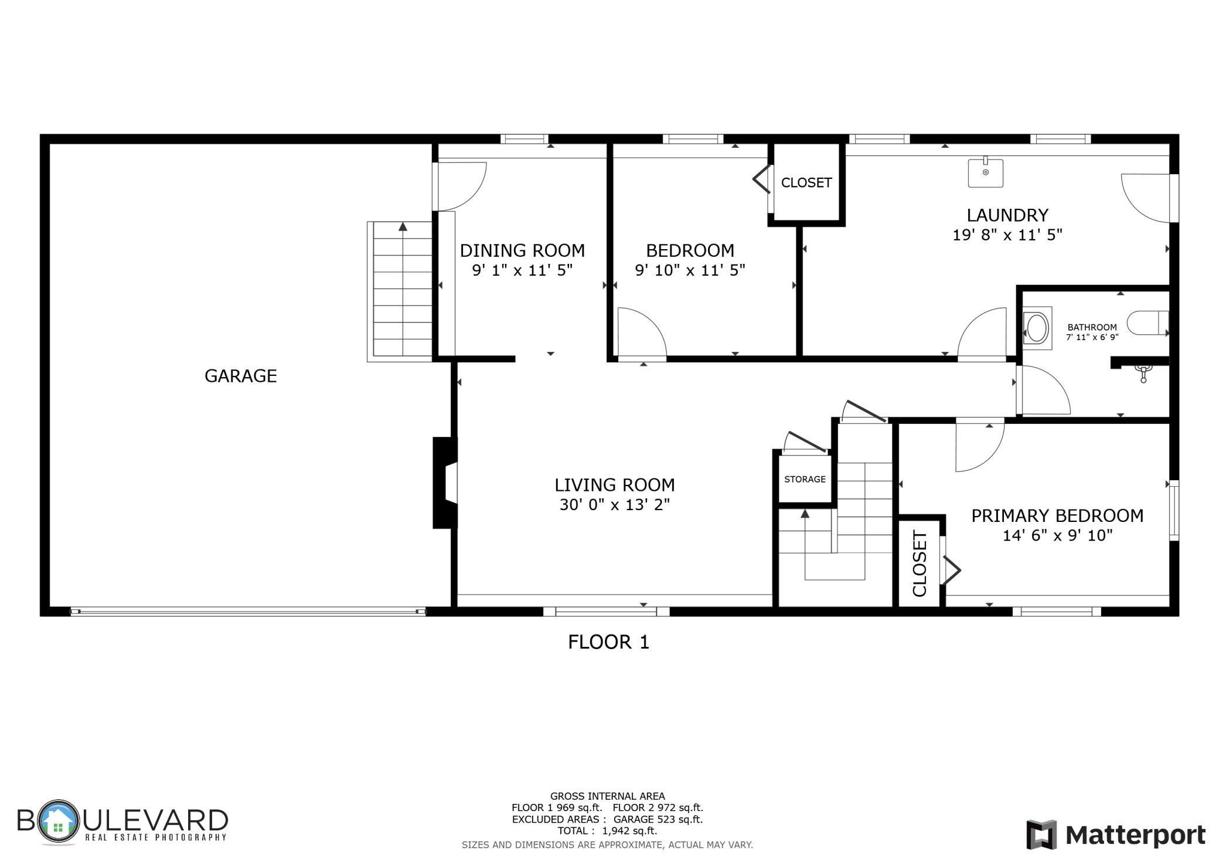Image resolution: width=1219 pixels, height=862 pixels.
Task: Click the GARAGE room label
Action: coord(240,376)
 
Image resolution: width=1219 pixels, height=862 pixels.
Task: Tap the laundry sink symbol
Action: coord(985,173)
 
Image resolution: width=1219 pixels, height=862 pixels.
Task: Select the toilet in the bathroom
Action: coord(1147,323)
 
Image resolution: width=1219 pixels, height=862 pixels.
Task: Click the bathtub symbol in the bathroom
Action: coord(1037,328)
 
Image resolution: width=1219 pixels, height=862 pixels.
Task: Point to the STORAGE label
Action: coord(805,479)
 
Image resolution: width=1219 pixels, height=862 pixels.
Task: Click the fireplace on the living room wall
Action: coord(445,483)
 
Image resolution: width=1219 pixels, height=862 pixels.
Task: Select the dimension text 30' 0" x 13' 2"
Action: coord(614,505)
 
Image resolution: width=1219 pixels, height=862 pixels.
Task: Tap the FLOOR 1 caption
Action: coord(608,642)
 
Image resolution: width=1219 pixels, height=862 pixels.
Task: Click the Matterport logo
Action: coord(1115,834)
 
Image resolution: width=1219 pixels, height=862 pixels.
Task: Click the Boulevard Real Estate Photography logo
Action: coord(122,822)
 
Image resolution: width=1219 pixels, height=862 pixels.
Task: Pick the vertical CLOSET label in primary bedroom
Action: coord(920,564)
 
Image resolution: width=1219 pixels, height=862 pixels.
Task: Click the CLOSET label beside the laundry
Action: coord(806,183)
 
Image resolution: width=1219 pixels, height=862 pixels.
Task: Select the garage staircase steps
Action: coord(403,290)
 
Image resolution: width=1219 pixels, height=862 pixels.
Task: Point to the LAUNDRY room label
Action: coord(1007,215)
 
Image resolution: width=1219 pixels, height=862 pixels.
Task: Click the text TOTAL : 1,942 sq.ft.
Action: coord(607,831)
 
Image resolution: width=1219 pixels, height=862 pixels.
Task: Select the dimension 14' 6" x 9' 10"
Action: coord(1057,535)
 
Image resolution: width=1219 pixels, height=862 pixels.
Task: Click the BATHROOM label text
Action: coord(1092,327)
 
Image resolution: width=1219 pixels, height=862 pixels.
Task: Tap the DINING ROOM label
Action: coord(522,251)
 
